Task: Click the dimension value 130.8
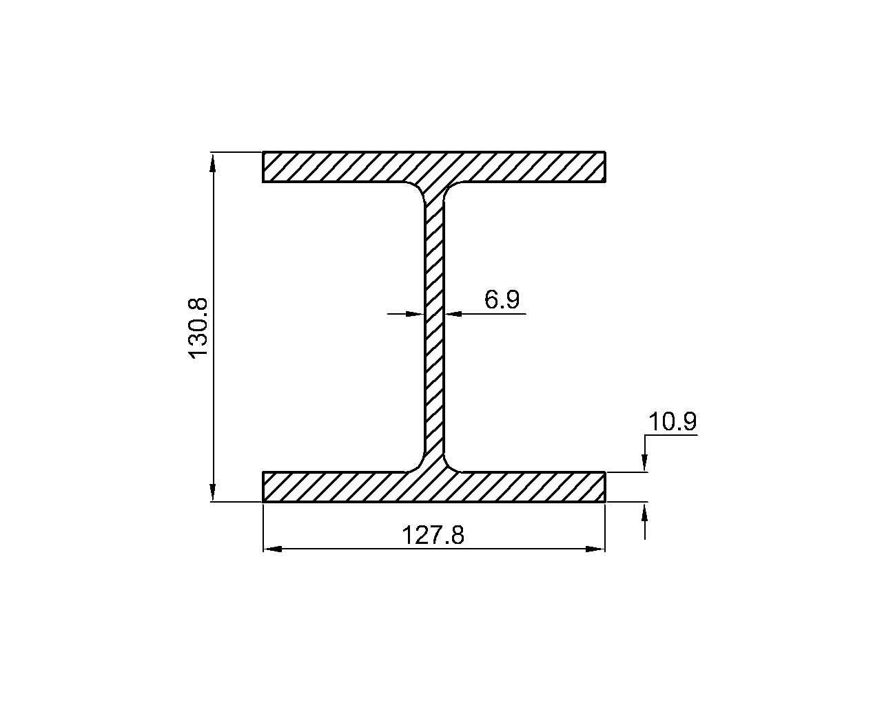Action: (198, 328)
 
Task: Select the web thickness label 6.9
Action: (502, 299)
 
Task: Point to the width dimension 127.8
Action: (433, 535)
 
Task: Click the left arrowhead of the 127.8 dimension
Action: (272, 549)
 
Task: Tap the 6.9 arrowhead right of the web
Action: (453, 314)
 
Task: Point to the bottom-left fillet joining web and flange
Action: (418, 465)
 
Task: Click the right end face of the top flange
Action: (605, 167)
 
